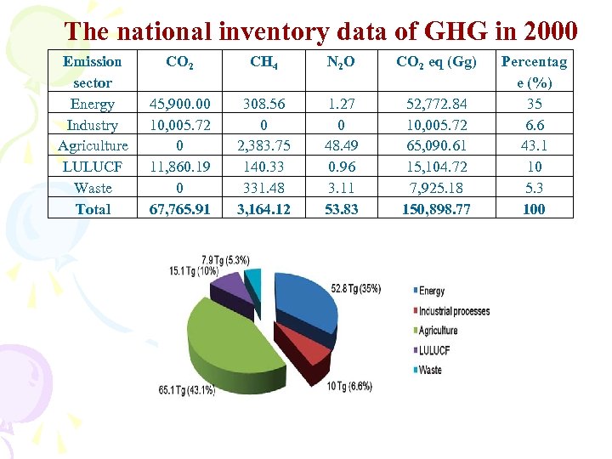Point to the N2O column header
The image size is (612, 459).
click(x=341, y=61)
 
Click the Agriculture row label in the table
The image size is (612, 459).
click(x=93, y=145)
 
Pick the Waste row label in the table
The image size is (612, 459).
click(x=93, y=187)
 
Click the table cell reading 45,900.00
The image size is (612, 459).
click(x=180, y=104)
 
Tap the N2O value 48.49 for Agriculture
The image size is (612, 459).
click(x=341, y=145)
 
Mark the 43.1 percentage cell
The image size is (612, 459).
click(x=534, y=145)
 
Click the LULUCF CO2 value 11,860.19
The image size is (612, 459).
click(x=180, y=167)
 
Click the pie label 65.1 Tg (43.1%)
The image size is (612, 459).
click(x=186, y=390)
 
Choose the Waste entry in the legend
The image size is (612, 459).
click(x=430, y=370)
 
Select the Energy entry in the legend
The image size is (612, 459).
click(x=432, y=292)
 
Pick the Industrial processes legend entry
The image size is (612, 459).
click(x=454, y=311)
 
